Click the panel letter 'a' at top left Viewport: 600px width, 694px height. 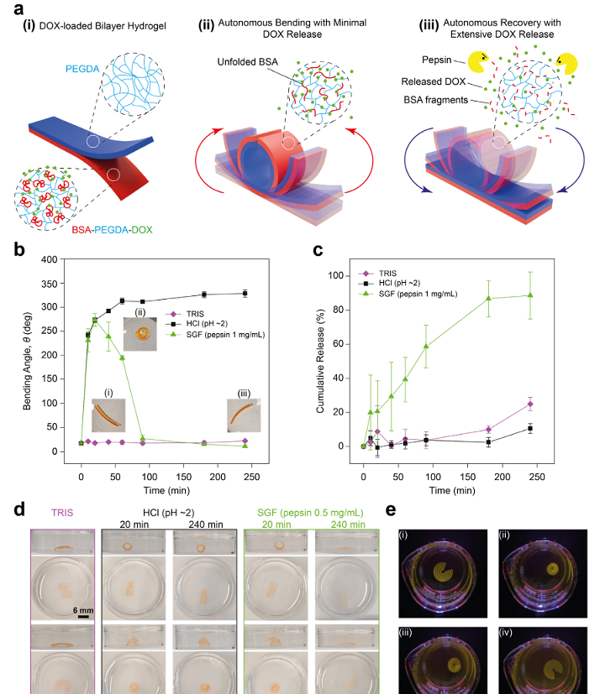[x=15, y=12]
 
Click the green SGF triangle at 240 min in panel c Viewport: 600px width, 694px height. [x=554, y=295]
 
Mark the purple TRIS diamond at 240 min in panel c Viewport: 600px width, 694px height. [x=554, y=404]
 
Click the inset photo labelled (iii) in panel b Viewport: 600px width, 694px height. [x=245, y=415]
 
